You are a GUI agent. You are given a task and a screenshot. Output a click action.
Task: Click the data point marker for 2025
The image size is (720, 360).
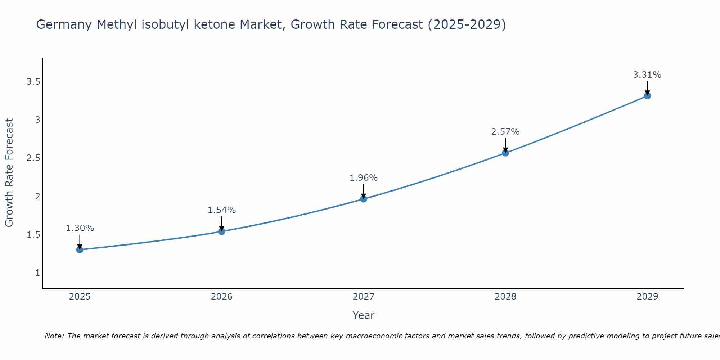pos(80,249)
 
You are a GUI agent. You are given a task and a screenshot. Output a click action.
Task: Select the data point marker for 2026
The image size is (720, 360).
pos(222,231)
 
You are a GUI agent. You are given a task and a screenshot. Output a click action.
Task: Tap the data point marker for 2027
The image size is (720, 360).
pos(364,199)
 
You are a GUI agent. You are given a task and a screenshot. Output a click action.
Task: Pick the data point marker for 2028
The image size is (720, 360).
pos(505,153)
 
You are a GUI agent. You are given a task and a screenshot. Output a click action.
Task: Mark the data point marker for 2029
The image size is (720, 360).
pos(647,96)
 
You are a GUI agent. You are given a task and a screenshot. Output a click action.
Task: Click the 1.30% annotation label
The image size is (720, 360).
pos(80,228)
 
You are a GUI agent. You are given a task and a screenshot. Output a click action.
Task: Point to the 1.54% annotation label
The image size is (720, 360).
pos(222,210)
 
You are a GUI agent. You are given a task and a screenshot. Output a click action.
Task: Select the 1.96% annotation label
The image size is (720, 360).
pos(364,178)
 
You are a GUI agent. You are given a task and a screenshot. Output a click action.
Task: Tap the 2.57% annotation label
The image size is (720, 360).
pos(505,132)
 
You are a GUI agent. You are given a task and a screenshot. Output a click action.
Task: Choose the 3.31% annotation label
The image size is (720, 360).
pos(647,75)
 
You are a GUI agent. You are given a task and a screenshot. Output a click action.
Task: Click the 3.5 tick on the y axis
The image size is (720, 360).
pos(33,82)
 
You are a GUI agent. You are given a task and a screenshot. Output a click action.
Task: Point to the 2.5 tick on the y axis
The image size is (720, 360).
pos(33,158)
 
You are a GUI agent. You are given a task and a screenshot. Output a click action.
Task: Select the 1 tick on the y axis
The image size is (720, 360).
pos(37,273)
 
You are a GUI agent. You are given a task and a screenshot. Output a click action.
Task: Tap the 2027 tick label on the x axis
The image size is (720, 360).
pos(364,297)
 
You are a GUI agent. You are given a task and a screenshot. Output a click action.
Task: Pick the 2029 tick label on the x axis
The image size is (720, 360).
pos(647,297)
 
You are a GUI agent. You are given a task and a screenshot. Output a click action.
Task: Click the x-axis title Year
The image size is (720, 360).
pos(364,315)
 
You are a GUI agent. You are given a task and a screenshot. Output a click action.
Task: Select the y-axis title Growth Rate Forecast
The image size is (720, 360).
pos(9,173)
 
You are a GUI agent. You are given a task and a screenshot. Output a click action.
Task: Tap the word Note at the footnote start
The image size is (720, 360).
pos(54,336)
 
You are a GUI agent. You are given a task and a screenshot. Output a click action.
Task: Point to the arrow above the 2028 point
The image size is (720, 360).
pos(505,145)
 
